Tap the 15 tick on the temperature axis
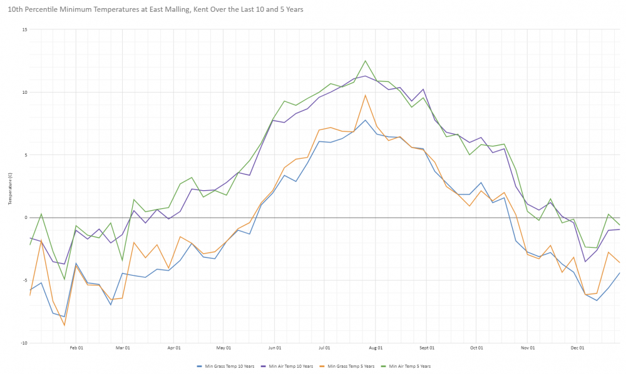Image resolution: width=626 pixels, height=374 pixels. [24, 30]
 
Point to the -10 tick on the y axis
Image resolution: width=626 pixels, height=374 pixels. [24, 343]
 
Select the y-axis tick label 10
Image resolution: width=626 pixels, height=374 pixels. [24, 93]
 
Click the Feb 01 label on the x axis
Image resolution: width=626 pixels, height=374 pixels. [76, 348]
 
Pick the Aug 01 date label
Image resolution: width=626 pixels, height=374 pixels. [376, 348]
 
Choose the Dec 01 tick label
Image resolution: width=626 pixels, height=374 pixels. [578, 348]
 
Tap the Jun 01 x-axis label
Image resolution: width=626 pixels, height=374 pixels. [275, 348]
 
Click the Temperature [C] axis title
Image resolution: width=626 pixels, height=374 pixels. [10, 187]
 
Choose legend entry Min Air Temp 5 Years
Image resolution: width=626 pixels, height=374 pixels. [411, 366]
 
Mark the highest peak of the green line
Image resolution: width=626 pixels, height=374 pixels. [366, 61]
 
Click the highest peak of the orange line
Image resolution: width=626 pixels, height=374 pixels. [366, 95]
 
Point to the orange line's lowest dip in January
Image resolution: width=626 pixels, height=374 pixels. [64, 325]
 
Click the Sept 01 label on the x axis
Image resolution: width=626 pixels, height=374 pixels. [427, 348]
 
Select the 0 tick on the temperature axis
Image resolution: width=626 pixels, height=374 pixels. [26, 218]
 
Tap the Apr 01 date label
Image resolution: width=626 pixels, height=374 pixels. [175, 348]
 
